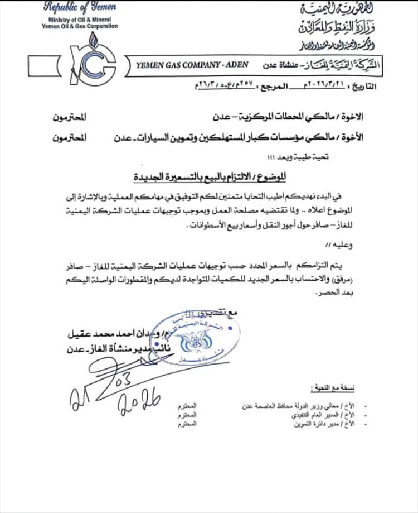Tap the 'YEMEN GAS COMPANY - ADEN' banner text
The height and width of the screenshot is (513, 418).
184,65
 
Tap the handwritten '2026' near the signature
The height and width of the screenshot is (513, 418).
139,401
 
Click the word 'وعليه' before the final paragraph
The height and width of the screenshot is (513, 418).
326,244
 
